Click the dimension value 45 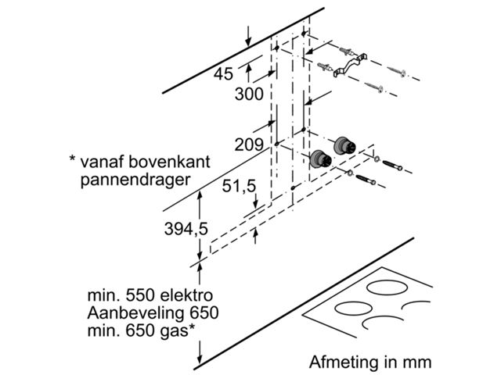pos(223,75)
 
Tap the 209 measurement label pos(249,145)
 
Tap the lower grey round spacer pos(319,159)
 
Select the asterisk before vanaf pos(72,161)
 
